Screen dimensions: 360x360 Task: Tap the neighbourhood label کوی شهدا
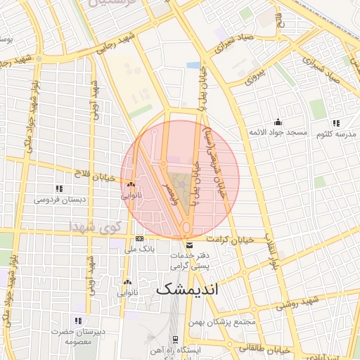[97, 226]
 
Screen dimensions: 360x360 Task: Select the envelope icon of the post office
[188, 245]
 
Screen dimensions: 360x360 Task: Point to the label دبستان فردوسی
[61, 199]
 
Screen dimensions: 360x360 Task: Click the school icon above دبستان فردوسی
[59, 188]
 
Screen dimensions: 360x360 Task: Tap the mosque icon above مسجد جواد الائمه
[278, 122]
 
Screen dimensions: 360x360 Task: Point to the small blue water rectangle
[193, 65]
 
